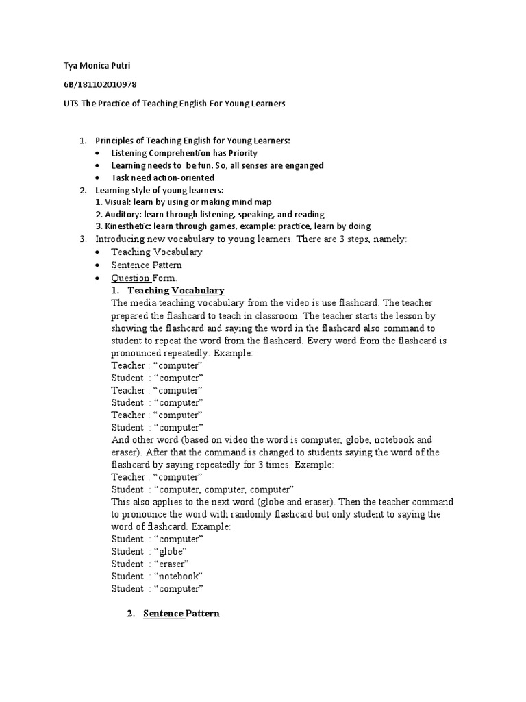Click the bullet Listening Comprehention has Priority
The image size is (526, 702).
(184, 153)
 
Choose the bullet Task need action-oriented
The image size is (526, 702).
(162, 178)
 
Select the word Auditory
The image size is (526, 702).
(123, 215)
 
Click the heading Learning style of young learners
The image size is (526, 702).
(160, 190)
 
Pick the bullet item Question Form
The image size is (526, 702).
(144, 278)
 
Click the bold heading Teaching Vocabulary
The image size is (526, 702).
(176, 291)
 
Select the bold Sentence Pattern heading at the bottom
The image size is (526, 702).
(181, 614)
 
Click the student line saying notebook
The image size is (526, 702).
(157, 576)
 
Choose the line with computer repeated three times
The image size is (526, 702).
(203, 489)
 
